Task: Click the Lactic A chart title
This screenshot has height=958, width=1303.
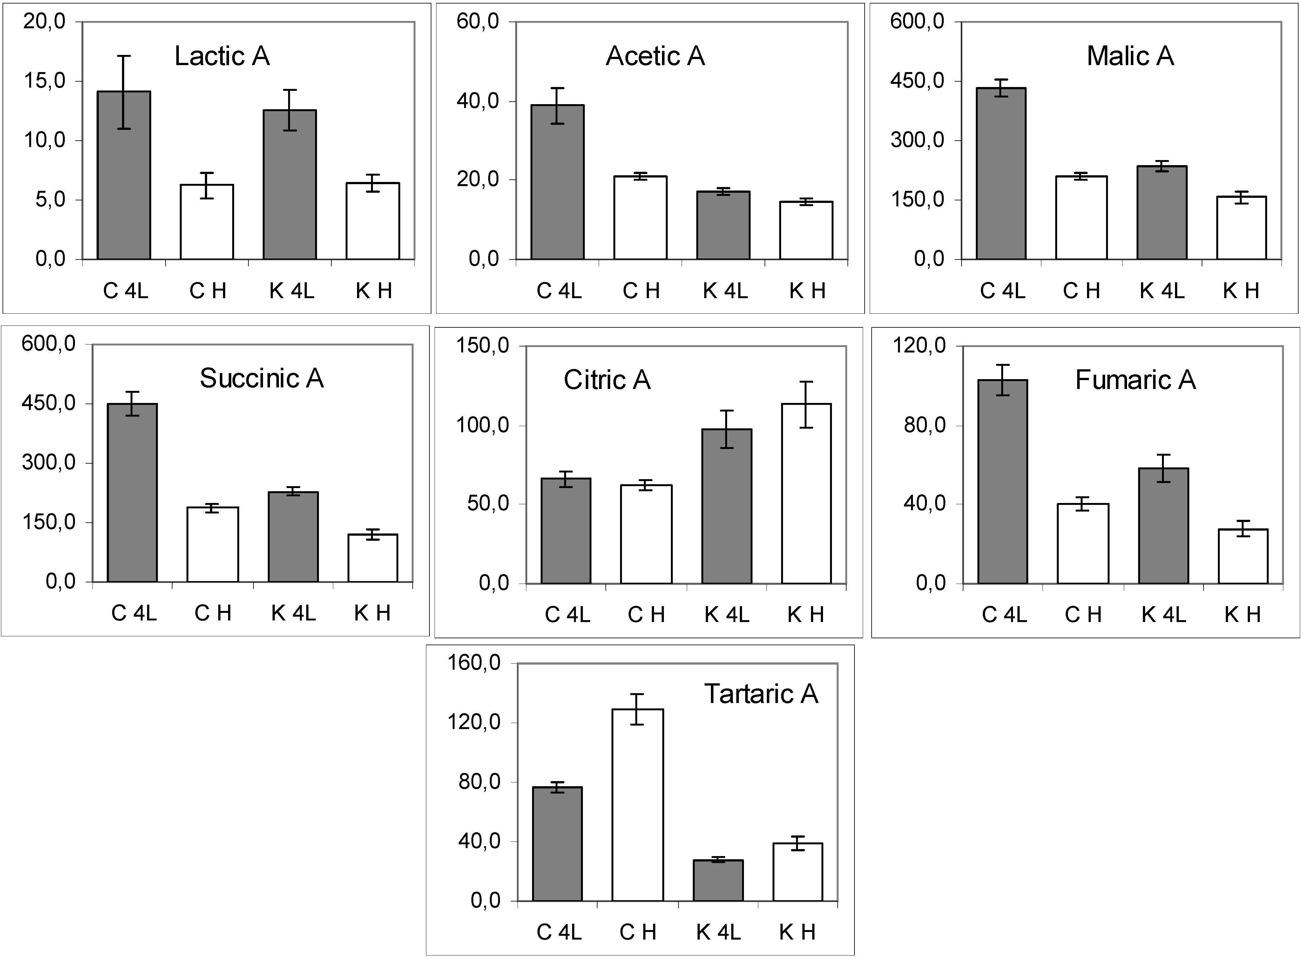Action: tap(222, 56)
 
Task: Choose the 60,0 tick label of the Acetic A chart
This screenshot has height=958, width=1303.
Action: tap(477, 22)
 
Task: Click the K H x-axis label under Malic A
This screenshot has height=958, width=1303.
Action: tap(1241, 291)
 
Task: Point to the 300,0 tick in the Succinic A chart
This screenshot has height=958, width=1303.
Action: tap(49, 463)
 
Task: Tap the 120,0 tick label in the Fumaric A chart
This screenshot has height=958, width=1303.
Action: tap(919, 345)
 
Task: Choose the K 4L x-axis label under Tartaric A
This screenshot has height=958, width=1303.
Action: tap(718, 933)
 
